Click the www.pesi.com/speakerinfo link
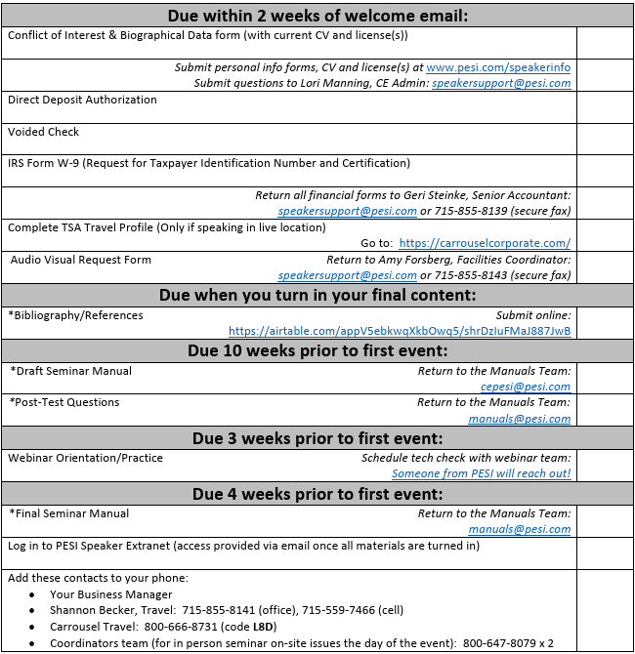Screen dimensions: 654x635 498,67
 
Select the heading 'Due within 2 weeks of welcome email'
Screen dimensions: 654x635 317,16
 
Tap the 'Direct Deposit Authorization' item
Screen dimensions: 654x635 82,100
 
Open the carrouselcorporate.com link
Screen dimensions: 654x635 485,243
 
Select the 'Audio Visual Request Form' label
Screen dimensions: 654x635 81,260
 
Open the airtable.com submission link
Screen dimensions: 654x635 400,331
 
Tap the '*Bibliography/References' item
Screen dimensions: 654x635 75,315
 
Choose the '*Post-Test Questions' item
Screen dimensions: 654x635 64,402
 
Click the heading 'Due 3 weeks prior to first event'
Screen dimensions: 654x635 317,438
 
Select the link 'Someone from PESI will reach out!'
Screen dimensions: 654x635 481,473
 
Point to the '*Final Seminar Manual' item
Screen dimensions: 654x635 69,513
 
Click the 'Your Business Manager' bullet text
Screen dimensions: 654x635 110,594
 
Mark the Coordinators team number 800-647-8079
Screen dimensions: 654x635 495,643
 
